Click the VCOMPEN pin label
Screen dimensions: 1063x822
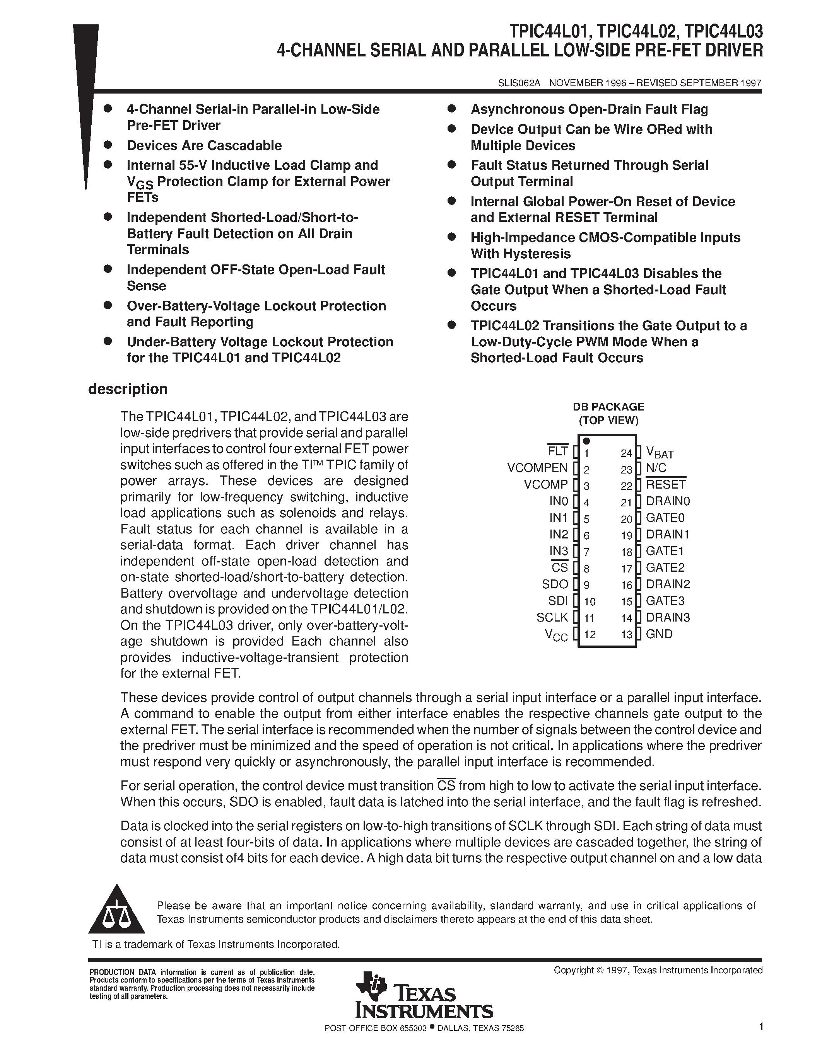[x=537, y=468]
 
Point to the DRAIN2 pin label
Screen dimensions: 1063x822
[x=668, y=584]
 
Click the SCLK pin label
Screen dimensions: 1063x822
[x=552, y=617]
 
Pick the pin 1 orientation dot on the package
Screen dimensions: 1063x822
[x=586, y=441]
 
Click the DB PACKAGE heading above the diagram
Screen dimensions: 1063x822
[x=608, y=406]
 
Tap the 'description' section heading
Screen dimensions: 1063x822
[x=128, y=389]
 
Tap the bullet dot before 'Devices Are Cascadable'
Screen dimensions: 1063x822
[x=108, y=145]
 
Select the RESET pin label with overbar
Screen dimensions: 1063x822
[x=666, y=484]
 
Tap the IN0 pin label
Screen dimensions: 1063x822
[x=559, y=501]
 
